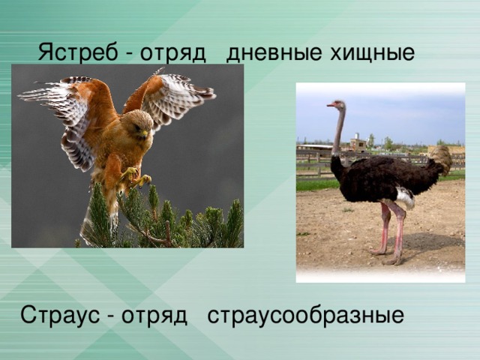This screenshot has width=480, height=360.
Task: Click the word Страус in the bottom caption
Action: (x=60, y=314)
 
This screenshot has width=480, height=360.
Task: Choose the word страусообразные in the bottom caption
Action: (x=305, y=314)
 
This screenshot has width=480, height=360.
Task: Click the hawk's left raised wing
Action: (x=71, y=112)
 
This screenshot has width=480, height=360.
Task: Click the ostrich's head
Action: (x=337, y=105)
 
